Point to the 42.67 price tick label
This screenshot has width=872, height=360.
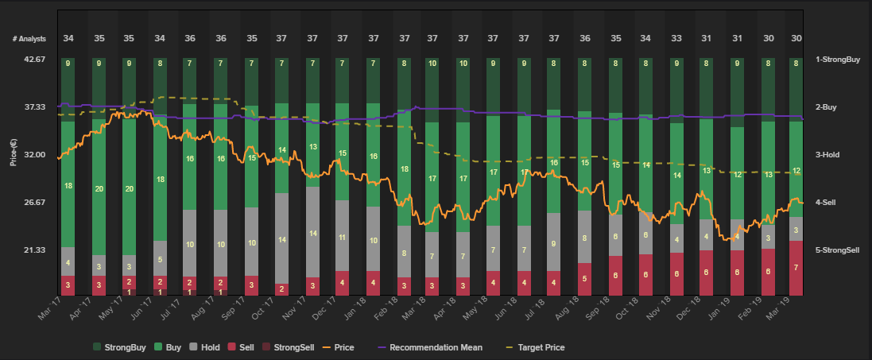click(35, 60)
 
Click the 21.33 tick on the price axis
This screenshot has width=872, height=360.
click(35, 250)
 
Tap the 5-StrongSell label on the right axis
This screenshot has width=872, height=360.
click(841, 250)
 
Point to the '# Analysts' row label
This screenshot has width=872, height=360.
click(29, 38)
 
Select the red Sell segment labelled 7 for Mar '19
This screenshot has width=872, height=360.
click(796, 268)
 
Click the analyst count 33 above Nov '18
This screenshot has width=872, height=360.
click(676, 38)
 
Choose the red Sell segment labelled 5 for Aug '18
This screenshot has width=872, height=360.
click(584, 279)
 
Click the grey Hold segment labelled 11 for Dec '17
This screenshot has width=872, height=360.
click(343, 236)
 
